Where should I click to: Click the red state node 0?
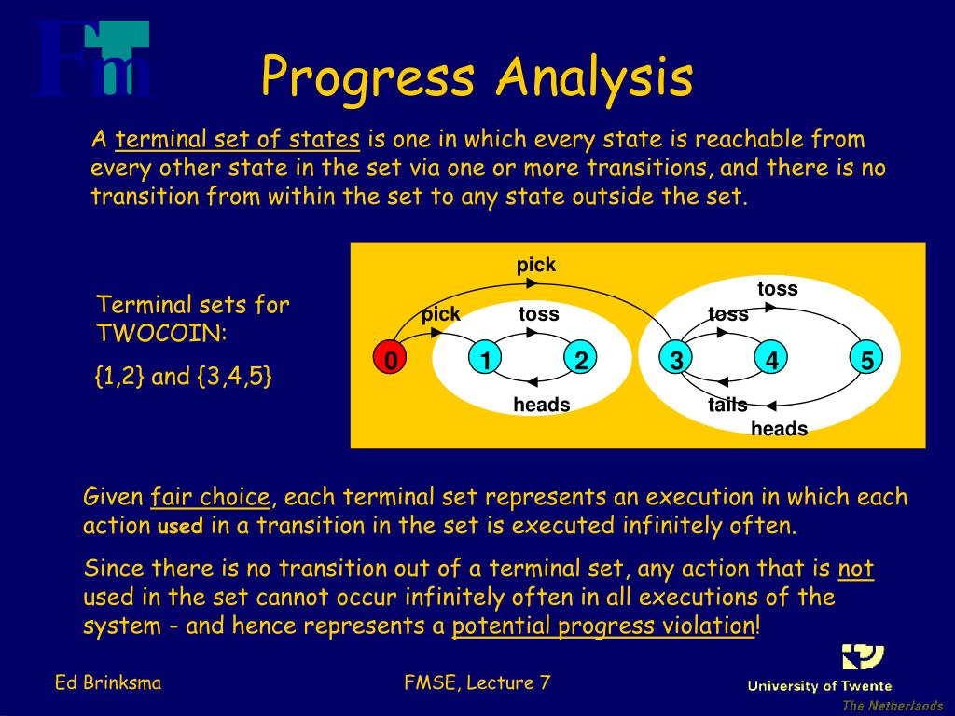(391, 359)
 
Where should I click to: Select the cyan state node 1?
(485, 359)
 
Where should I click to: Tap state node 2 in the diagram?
(580, 359)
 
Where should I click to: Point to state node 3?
(676, 359)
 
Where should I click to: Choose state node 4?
(771, 359)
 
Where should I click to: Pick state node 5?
(866, 359)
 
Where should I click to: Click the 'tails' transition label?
(727, 405)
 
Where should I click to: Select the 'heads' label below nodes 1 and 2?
(542, 405)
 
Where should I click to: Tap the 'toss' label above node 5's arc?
(777, 288)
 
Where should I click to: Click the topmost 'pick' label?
(536, 265)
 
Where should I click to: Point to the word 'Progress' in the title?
(367, 78)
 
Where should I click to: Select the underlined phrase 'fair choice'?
(210, 497)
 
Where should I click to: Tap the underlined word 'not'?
(856, 569)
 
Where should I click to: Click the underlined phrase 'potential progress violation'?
(603, 626)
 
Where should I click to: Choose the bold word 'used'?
(180, 526)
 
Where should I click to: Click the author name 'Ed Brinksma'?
(108, 682)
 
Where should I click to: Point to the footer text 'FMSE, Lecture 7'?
(477, 682)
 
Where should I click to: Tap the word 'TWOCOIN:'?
(161, 333)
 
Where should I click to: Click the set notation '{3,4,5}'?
(234, 377)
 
